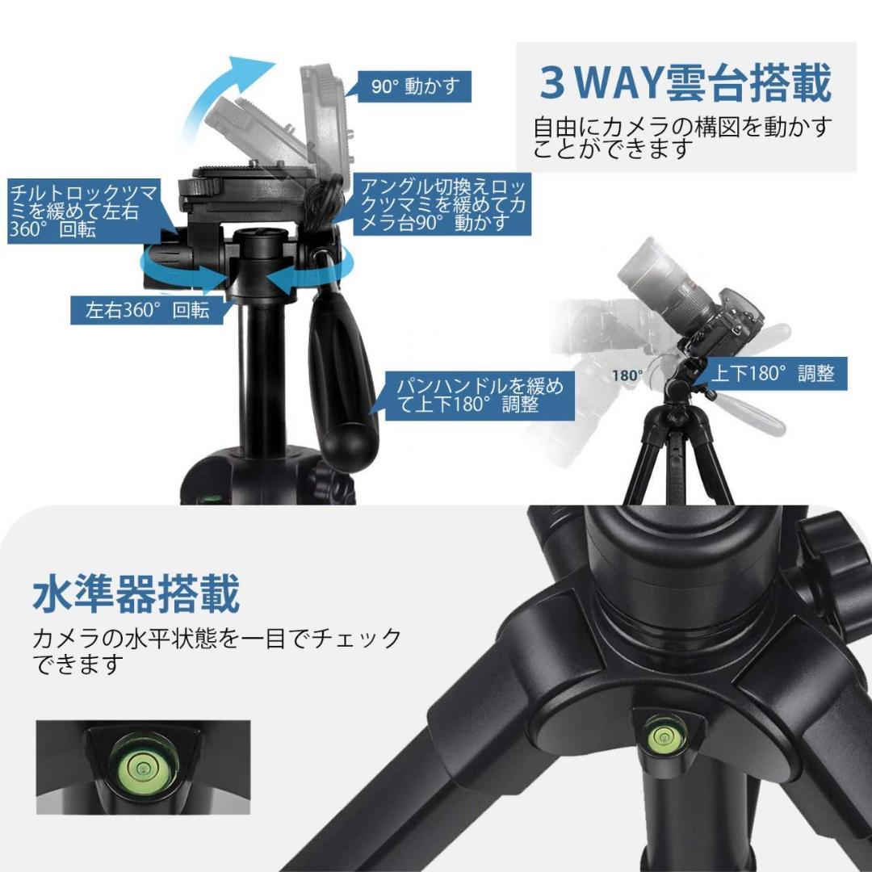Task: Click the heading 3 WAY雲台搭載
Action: click(685, 83)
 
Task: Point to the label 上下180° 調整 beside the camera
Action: click(772, 373)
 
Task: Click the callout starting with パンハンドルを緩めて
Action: click(480, 395)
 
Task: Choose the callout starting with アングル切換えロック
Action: click(442, 204)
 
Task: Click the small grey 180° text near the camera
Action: click(627, 375)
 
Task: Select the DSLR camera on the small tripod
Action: click(711, 311)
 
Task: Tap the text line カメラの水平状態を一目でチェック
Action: click(216, 639)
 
